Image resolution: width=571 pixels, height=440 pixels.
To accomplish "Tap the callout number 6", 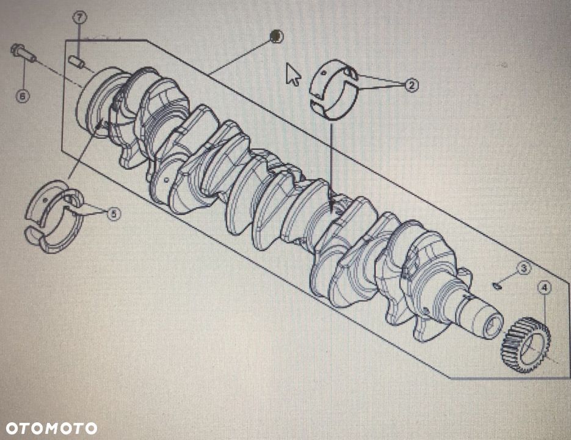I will (x=23, y=95).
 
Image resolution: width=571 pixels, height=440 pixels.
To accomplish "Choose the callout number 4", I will (x=544, y=286).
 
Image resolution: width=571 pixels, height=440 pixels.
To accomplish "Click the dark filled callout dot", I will (x=276, y=36).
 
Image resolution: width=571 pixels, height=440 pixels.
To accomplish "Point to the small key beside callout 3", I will (x=498, y=285).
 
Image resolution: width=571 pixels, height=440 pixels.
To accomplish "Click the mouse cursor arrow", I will (x=293, y=74).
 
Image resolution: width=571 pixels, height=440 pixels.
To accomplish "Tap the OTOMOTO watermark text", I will (x=51, y=428).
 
